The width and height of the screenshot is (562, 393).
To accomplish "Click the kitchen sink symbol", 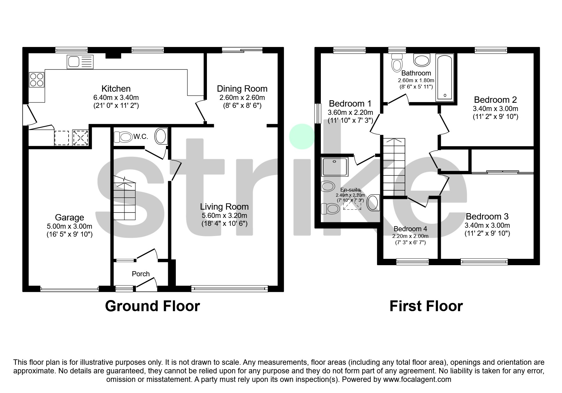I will click(x=80, y=62).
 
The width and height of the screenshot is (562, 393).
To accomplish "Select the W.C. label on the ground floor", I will click(x=141, y=137).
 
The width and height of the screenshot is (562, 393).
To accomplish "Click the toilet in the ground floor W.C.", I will click(x=123, y=137).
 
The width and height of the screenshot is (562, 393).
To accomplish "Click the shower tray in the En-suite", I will click(x=335, y=167).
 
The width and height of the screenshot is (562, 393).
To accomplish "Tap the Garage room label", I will click(x=69, y=217).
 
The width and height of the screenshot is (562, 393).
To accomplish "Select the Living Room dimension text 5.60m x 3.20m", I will click(x=224, y=216).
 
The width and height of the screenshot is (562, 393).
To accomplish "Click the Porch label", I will click(x=141, y=274).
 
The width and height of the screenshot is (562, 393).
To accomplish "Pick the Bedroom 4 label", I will click(x=410, y=229).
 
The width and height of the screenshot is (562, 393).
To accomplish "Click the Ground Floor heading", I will click(x=152, y=306).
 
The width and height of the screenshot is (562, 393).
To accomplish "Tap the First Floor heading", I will click(x=426, y=306).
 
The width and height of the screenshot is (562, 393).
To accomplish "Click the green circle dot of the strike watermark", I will click(x=302, y=137).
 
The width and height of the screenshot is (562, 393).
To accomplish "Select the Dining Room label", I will click(x=242, y=88).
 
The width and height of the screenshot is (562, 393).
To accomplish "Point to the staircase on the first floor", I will click(x=394, y=167).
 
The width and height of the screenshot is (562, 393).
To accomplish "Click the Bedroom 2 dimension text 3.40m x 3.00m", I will click(x=495, y=108).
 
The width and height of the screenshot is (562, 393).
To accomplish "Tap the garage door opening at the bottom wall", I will click(x=70, y=289).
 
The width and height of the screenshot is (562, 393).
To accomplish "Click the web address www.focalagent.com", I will click(x=417, y=379).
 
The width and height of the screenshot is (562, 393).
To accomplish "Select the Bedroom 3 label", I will click(x=487, y=216).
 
